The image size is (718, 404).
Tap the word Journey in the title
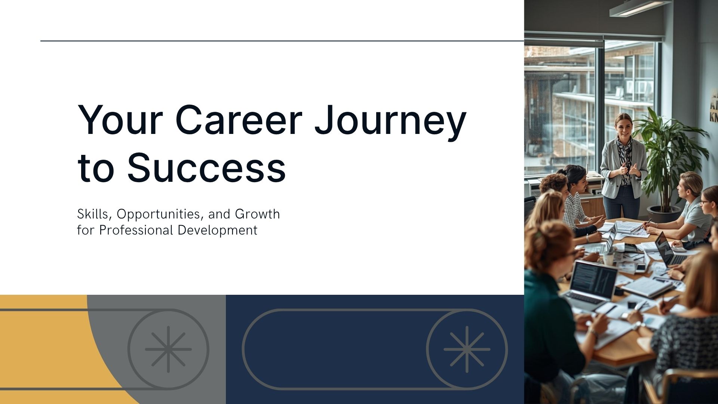[x=390, y=123]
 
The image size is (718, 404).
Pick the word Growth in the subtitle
[x=257, y=214]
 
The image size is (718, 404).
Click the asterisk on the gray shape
[x=168, y=349]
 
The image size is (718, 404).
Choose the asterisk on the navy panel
[x=467, y=349]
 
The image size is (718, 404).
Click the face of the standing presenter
[x=623, y=125]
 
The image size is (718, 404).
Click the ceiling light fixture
[x=635, y=8]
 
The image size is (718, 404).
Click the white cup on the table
[x=608, y=259]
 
